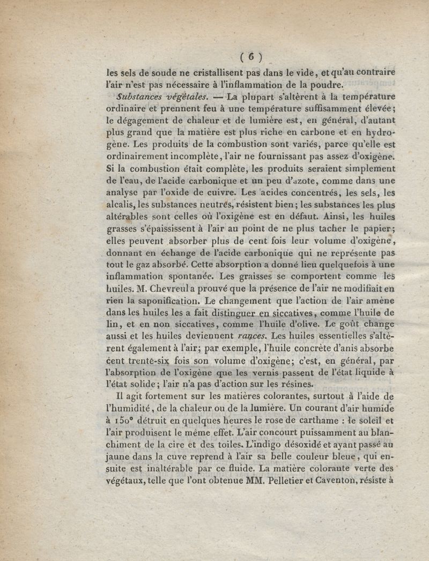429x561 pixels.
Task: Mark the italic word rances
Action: [251, 337]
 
